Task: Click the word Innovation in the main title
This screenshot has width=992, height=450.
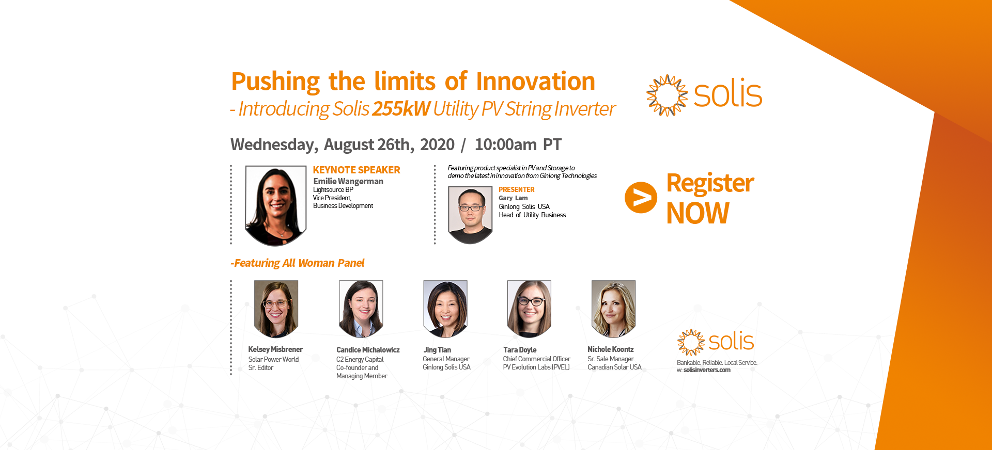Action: tap(535, 81)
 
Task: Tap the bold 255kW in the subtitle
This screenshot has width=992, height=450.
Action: tap(401, 109)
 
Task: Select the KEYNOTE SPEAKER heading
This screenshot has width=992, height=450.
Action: tap(357, 170)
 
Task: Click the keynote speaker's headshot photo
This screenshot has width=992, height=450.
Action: tap(276, 205)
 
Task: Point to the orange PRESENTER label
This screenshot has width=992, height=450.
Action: tap(517, 189)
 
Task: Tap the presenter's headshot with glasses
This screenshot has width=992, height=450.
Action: tap(470, 215)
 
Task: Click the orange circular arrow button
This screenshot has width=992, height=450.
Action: tap(641, 198)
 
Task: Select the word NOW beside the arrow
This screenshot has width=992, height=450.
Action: tap(698, 213)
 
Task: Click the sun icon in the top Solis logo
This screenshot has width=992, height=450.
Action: tap(667, 95)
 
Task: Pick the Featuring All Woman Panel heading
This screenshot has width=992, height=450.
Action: tap(298, 263)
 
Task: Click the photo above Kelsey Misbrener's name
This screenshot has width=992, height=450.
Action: tap(276, 309)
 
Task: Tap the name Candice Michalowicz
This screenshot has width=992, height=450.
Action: tap(368, 350)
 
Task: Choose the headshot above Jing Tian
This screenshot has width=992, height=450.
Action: tap(445, 309)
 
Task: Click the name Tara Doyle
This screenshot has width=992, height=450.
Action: tap(520, 350)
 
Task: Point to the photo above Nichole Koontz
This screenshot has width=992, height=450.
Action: tap(613, 309)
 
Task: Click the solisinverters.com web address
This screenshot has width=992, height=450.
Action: tap(707, 370)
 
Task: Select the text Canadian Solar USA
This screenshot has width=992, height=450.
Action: tap(614, 367)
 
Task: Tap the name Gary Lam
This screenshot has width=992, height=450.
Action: tap(513, 198)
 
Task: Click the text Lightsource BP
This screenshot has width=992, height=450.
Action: tap(333, 190)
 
